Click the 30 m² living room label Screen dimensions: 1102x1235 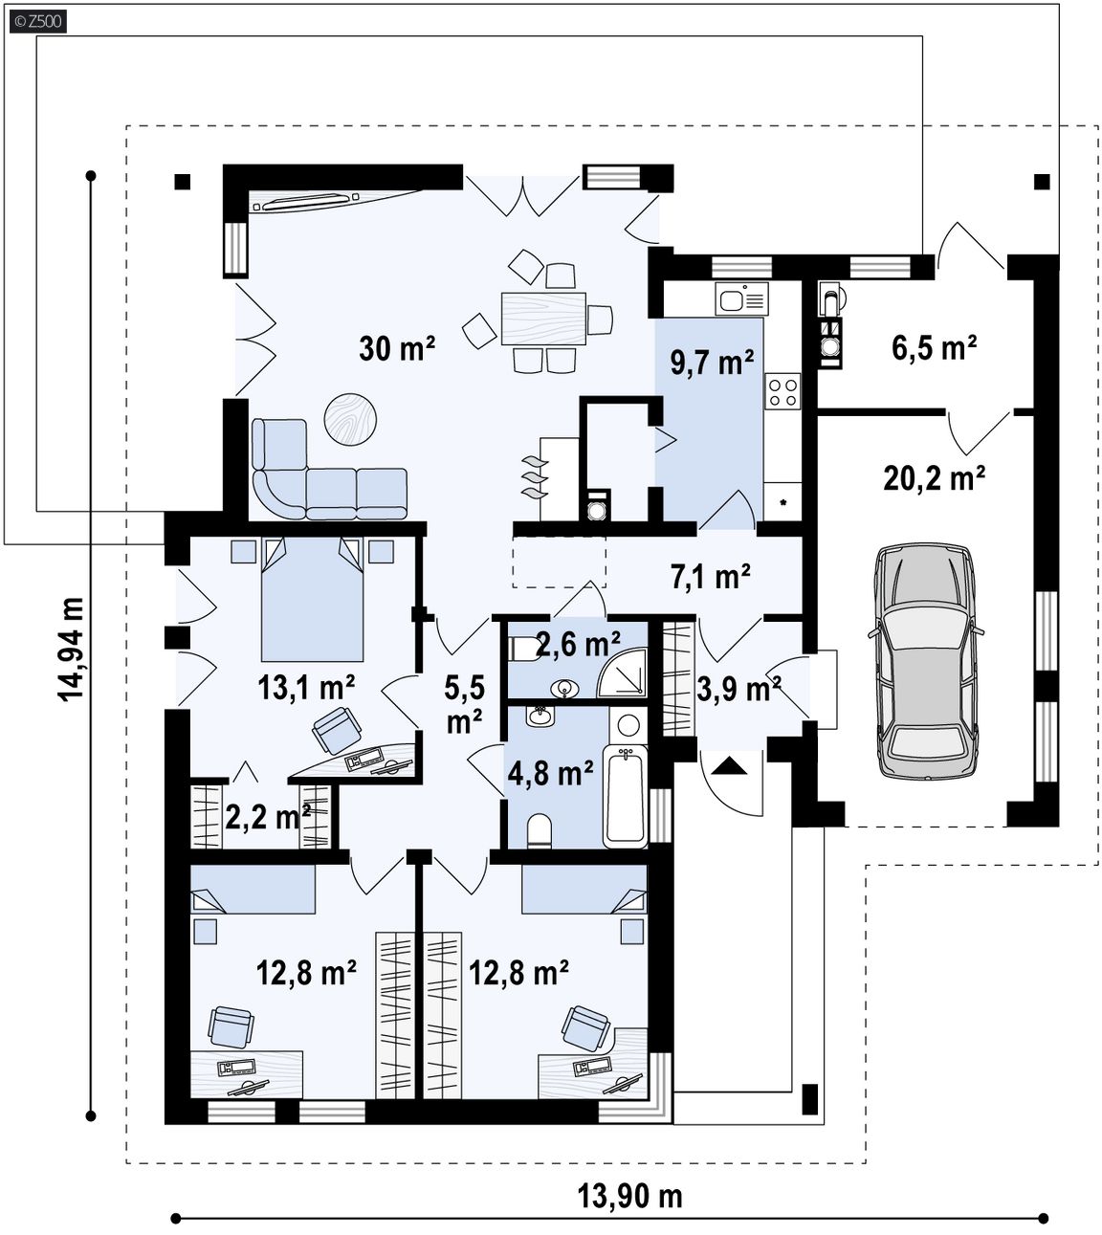(397, 348)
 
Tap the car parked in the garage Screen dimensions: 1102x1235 (925, 662)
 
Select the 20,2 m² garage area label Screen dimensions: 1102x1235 (935, 478)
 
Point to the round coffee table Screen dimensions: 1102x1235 (350, 419)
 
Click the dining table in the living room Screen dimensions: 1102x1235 (543, 319)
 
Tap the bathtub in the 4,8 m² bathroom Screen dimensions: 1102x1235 (625, 796)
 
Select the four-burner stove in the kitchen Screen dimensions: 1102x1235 (782, 390)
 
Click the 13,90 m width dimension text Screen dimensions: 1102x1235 (629, 1197)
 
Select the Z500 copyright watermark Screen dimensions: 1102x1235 (38, 21)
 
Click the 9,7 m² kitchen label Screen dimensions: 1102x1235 (712, 363)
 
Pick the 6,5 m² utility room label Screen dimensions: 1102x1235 (935, 348)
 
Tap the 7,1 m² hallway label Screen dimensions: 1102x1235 (710, 577)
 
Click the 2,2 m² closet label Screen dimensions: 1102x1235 (268, 817)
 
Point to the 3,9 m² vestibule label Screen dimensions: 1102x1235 (738, 689)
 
